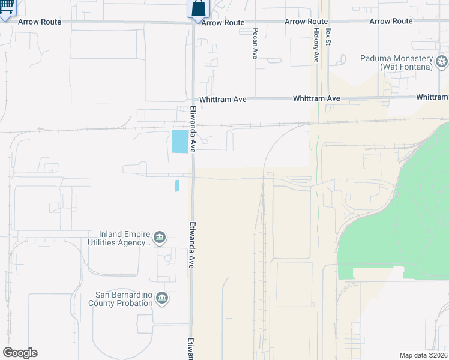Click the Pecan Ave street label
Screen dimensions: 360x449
point(255,43)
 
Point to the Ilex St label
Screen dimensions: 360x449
point(328,36)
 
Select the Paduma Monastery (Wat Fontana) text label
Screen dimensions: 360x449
point(397,62)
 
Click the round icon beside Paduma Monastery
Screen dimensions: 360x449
point(442,61)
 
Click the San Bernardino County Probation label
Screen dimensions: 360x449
point(124,299)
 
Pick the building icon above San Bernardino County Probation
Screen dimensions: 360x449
point(161,298)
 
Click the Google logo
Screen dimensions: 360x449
point(20,353)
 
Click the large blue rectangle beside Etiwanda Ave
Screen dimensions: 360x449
point(179,141)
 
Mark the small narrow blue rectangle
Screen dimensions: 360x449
point(177,185)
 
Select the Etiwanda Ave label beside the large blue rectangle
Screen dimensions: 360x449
point(193,129)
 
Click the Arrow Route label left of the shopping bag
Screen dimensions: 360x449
point(40,22)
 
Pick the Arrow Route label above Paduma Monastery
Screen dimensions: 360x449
point(391,22)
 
